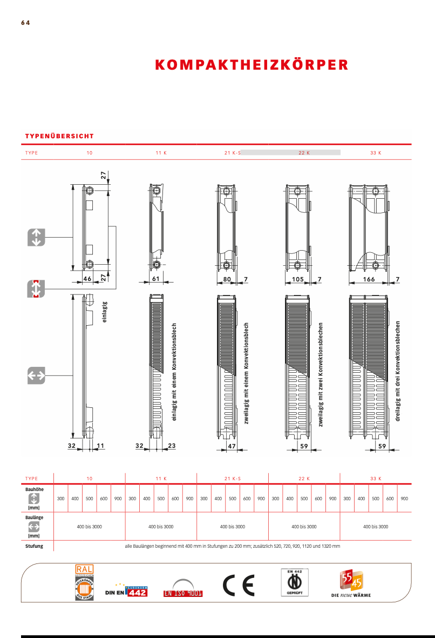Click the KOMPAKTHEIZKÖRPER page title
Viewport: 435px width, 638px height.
click(252, 65)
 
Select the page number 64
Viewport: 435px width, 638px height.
click(25, 23)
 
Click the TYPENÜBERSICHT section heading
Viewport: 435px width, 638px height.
click(59, 137)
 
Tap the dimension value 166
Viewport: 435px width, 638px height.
click(369, 279)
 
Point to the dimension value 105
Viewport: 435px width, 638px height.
click(297, 279)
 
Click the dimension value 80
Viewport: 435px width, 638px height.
click(227, 279)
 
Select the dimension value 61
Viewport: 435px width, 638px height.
click(155, 279)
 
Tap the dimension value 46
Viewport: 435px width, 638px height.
click(87, 279)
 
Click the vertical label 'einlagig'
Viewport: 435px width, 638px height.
click(105, 312)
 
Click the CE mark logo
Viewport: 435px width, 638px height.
click(239, 585)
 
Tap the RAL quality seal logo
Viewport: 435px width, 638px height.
click(85, 582)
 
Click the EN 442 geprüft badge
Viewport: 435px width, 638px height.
click(294, 582)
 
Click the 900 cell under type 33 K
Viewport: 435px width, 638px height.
click(404, 499)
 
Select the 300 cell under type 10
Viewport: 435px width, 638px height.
click(61, 499)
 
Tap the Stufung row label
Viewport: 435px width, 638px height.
click(34, 546)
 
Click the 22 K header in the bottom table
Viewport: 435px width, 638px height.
click(304, 479)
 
